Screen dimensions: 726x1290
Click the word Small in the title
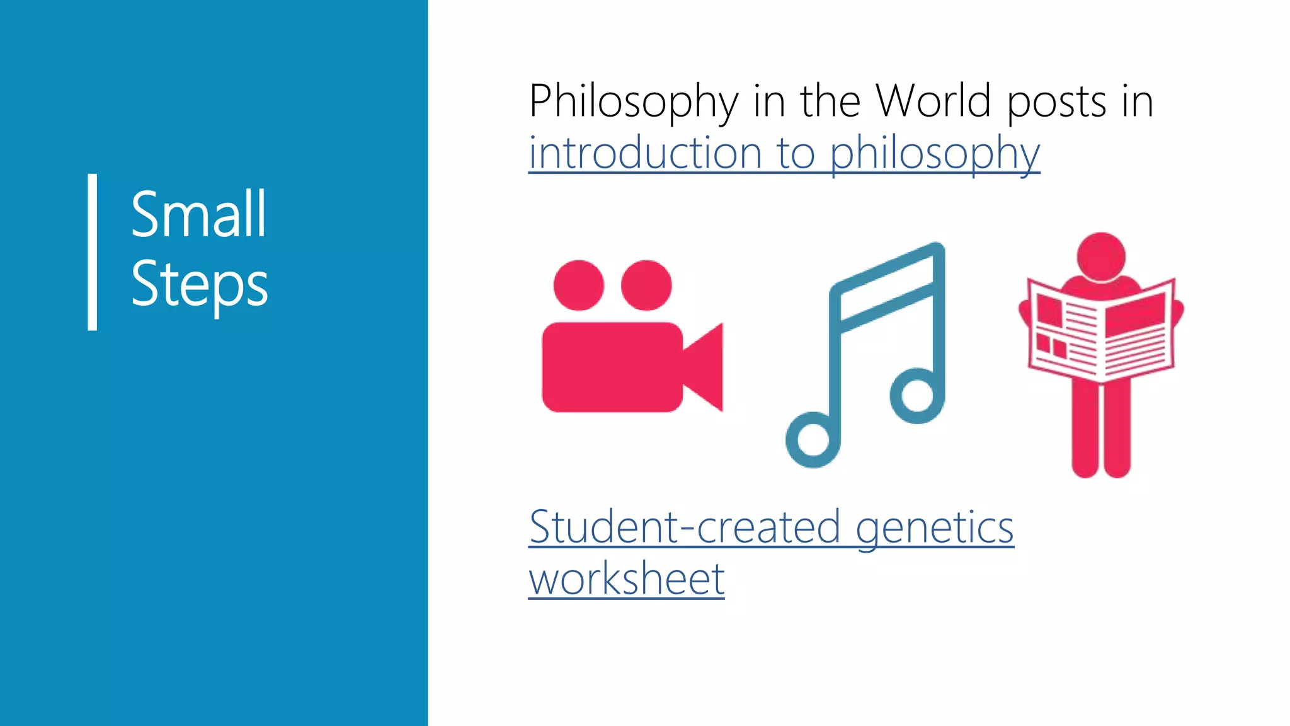198,215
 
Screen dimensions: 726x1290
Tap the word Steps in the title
199,284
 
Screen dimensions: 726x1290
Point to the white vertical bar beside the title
93,252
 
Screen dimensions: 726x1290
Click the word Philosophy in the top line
633,102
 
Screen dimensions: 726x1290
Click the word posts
1056,102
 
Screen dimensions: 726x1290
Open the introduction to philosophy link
784,154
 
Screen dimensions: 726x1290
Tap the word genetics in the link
935,529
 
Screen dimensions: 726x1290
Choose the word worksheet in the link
627,579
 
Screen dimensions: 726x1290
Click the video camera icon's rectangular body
612,367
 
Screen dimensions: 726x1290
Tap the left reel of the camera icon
578,285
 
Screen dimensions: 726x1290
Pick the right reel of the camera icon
646,285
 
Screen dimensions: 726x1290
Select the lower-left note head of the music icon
813,440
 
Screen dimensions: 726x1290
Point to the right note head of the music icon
916,396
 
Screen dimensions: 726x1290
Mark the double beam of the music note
887,290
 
